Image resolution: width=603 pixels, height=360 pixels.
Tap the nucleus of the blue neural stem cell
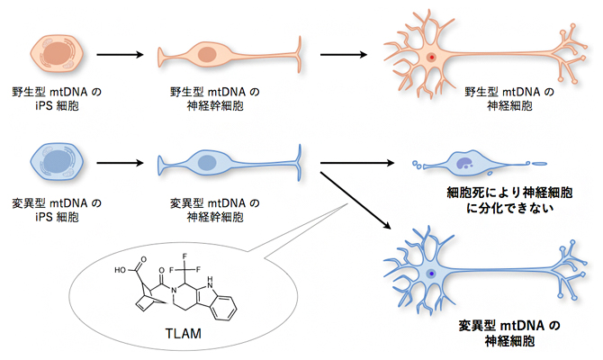point(207,164)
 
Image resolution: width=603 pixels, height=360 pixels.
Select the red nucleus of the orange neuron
point(432,57)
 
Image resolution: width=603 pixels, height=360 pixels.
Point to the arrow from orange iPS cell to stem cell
point(120,55)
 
